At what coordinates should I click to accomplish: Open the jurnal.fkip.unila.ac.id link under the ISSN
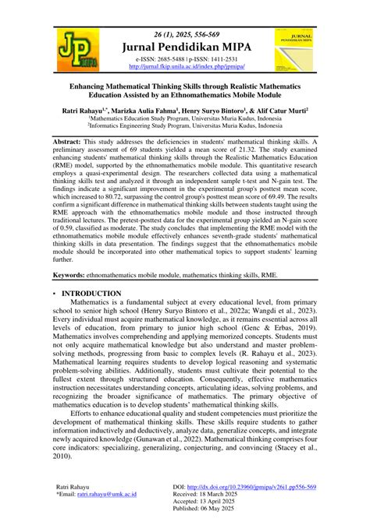point(183,66)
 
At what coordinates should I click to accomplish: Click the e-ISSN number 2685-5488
point(165,58)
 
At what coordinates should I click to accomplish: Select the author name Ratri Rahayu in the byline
point(86,112)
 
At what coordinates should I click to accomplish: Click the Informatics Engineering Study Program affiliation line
point(184,129)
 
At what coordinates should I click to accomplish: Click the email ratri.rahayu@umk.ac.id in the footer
point(102,494)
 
